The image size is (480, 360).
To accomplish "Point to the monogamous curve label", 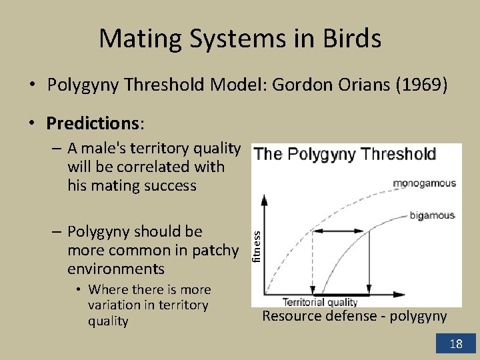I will (x=425, y=183).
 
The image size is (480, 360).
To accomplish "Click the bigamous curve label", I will (x=431, y=215).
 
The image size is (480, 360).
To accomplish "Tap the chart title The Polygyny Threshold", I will (x=345, y=154).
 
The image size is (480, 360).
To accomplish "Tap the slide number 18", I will (x=456, y=344).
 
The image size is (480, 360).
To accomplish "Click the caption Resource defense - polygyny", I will (x=354, y=316).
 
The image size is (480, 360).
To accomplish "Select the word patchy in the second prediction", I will (x=214, y=250).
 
